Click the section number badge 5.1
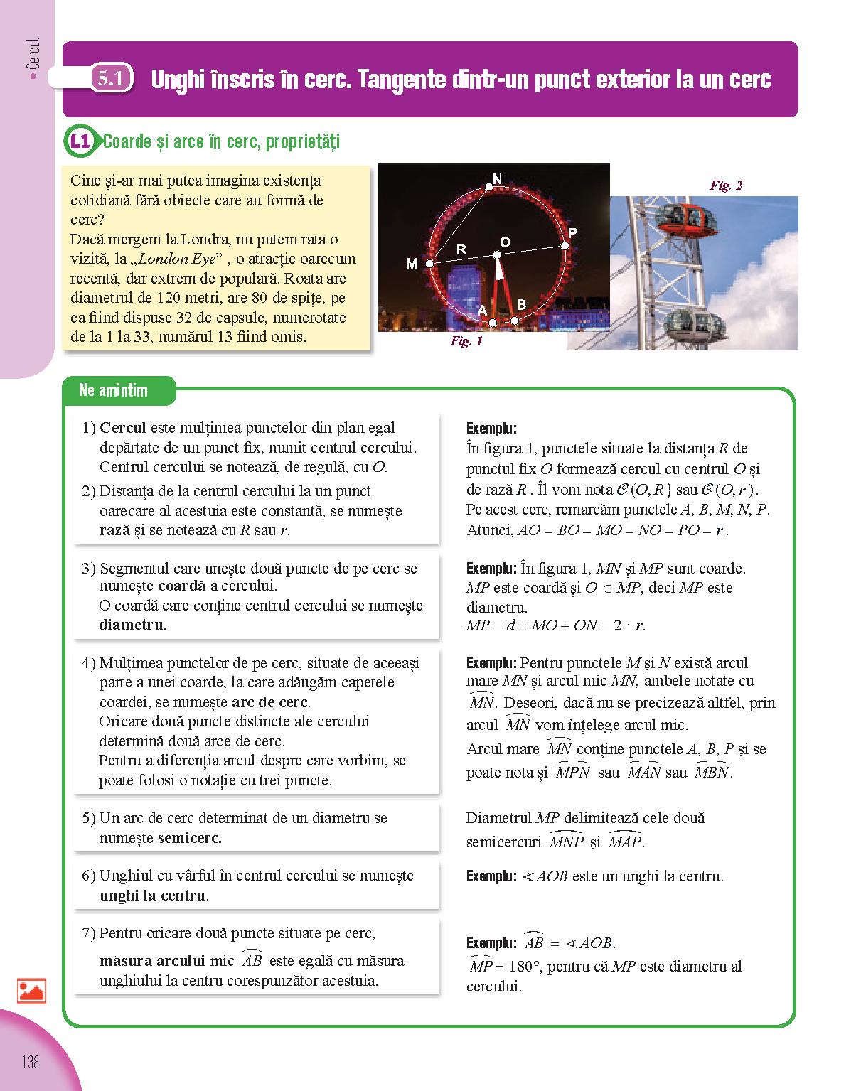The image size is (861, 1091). (111, 78)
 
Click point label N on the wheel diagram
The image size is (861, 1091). (497, 178)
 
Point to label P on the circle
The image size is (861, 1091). (572, 233)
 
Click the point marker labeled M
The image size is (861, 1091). (429, 264)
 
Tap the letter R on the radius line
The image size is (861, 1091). (461, 249)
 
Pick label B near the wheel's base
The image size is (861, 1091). (521, 305)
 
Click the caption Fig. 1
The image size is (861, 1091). (466, 341)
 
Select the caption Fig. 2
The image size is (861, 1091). (726, 186)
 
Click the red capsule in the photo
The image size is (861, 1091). (686, 217)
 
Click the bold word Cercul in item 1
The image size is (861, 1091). (122, 428)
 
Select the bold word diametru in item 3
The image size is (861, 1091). (131, 625)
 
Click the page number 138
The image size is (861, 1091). (30, 1062)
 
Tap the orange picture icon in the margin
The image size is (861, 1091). (32, 991)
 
